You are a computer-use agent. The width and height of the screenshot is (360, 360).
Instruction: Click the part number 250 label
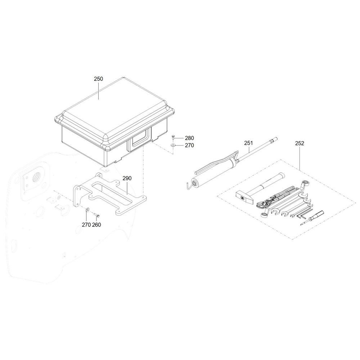coord(99,79)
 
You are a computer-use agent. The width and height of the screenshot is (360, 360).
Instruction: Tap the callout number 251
coord(248,143)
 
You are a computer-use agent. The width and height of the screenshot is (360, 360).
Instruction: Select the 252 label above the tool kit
coord(300,143)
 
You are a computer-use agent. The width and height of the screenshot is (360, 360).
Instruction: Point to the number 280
coord(189,138)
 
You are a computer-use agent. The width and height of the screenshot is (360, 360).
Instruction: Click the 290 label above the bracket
coord(127,178)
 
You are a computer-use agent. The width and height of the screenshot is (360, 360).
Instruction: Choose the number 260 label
coord(96,225)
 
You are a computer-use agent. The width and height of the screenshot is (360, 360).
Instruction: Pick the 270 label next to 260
coord(86,225)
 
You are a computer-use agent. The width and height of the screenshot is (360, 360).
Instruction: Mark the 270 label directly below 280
coord(189,145)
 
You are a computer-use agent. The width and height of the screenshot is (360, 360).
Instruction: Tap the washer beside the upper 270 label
coord(173,145)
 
